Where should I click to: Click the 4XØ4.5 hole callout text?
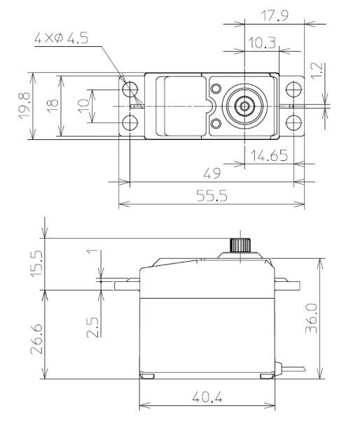tap(61, 39)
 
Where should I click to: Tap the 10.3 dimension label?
tap(261, 43)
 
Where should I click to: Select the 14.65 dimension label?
tap(268, 156)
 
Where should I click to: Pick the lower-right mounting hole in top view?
tap(293, 123)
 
